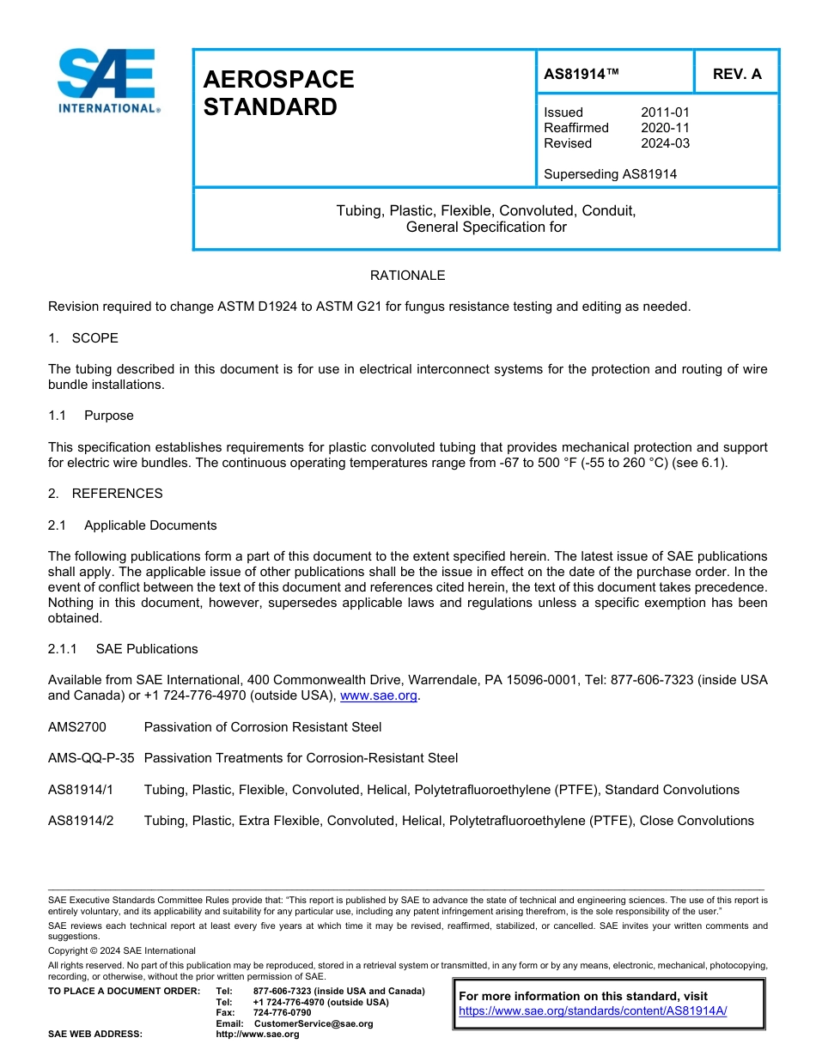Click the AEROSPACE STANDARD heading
(x=278, y=93)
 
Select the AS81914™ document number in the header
(x=582, y=74)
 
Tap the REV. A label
(x=737, y=74)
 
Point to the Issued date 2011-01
(x=665, y=112)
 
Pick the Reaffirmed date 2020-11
(x=665, y=128)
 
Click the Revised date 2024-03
(x=665, y=143)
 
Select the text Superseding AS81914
(x=610, y=174)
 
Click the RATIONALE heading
(x=407, y=276)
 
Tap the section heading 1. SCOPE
(x=83, y=338)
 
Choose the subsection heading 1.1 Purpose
(x=91, y=416)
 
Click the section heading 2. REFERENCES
(x=106, y=494)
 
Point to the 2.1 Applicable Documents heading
(x=132, y=525)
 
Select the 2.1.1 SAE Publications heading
(x=123, y=649)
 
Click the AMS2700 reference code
(x=77, y=727)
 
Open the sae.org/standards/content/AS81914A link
(x=593, y=1011)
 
